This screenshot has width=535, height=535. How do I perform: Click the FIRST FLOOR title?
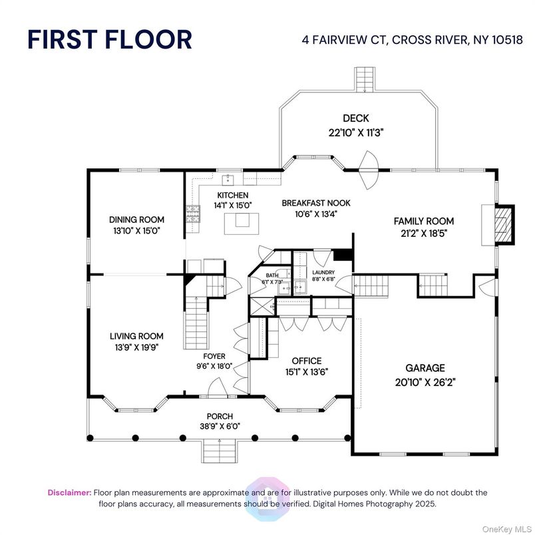coord(110,39)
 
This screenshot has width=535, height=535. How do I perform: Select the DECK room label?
coord(355,118)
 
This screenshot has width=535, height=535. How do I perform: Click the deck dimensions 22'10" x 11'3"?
coord(355,132)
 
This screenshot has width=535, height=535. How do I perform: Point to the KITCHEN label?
coord(232,195)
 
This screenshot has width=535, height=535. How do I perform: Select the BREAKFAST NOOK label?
coord(315,203)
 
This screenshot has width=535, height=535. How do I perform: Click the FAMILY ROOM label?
coord(423,221)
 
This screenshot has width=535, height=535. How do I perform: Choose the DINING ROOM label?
coord(136,220)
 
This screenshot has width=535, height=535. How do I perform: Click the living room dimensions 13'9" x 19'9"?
coord(136,347)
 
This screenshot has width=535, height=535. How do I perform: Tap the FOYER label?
coord(214,356)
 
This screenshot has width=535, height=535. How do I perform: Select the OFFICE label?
coord(307,361)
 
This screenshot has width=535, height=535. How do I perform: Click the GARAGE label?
coord(425,368)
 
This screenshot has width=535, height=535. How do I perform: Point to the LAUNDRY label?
coord(323,272)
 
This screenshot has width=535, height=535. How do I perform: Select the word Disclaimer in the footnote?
coord(69,492)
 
